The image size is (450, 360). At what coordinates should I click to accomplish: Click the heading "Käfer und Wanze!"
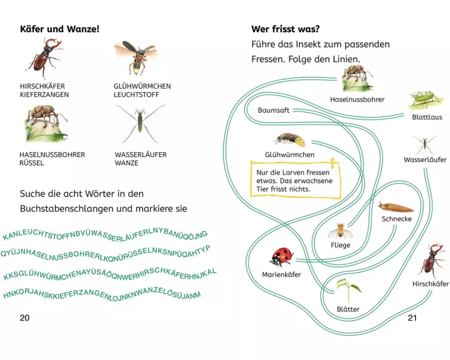59,29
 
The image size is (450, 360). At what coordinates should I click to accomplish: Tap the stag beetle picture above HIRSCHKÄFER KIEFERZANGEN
45,58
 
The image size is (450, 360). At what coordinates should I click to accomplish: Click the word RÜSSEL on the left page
31,163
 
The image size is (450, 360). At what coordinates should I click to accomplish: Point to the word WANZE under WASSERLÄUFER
126,163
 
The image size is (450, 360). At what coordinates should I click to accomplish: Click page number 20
25,318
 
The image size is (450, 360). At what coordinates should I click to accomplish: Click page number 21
412,318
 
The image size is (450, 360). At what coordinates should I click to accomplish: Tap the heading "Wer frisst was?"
285,29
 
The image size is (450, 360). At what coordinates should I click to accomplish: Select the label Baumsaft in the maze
274,110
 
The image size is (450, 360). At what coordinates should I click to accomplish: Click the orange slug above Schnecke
396,208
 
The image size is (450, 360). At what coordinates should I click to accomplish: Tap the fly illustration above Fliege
339,231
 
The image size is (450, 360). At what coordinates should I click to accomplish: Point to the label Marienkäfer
282,274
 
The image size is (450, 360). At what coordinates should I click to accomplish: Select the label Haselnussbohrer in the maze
357,99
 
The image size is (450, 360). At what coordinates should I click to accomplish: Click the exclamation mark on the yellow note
332,163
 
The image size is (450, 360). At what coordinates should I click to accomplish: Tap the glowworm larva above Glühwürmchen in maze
290,139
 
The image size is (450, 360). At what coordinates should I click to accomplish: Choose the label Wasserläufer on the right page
425,160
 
